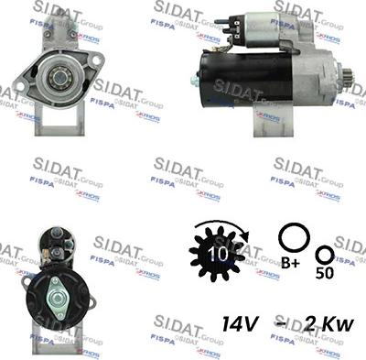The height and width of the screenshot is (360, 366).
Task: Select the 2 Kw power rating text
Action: pos(321,322)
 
